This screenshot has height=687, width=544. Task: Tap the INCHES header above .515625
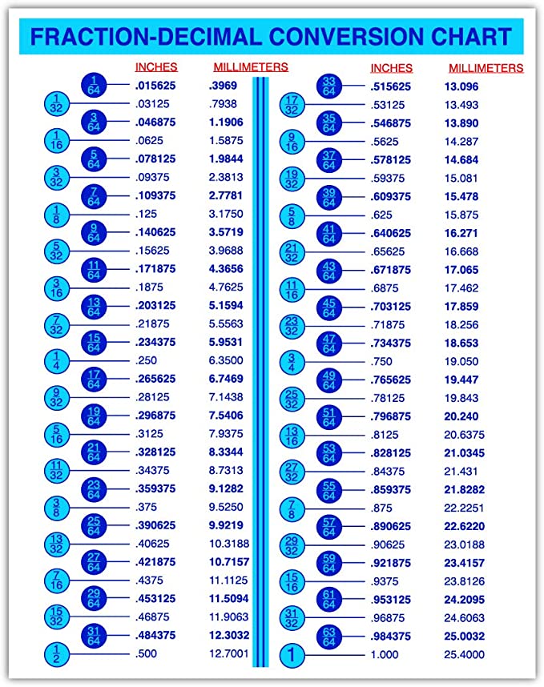pyautogui.click(x=391, y=68)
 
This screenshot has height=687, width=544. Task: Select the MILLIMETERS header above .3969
pyautogui.click(x=250, y=67)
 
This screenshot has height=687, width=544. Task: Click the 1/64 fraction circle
pyautogui.click(x=94, y=84)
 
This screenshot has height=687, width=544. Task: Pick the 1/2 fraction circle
pyautogui.click(x=56, y=654)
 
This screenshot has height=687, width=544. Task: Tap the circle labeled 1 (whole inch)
pyautogui.click(x=292, y=655)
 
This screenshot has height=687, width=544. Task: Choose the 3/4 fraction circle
pyautogui.click(x=292, y=361)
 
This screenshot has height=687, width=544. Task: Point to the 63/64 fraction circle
pyautogui.click(x=328, y=637)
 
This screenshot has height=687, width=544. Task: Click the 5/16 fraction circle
pyautogui.click(x=56, y=435)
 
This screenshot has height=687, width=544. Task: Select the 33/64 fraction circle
pyautogui.click(x=328, y=85)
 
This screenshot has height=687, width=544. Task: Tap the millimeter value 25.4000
pyautogui.click(x=464, y=655)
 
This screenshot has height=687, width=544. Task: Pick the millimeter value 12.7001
pyautogui.click(x=228, y=654)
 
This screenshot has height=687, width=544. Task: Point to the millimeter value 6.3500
pyautogui.click(x=225, y=361)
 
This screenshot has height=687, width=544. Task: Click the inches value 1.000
pyautogui.click(x=384, y=655)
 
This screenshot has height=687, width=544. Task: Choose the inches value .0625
pyautogui.click(x=150, y=140)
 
